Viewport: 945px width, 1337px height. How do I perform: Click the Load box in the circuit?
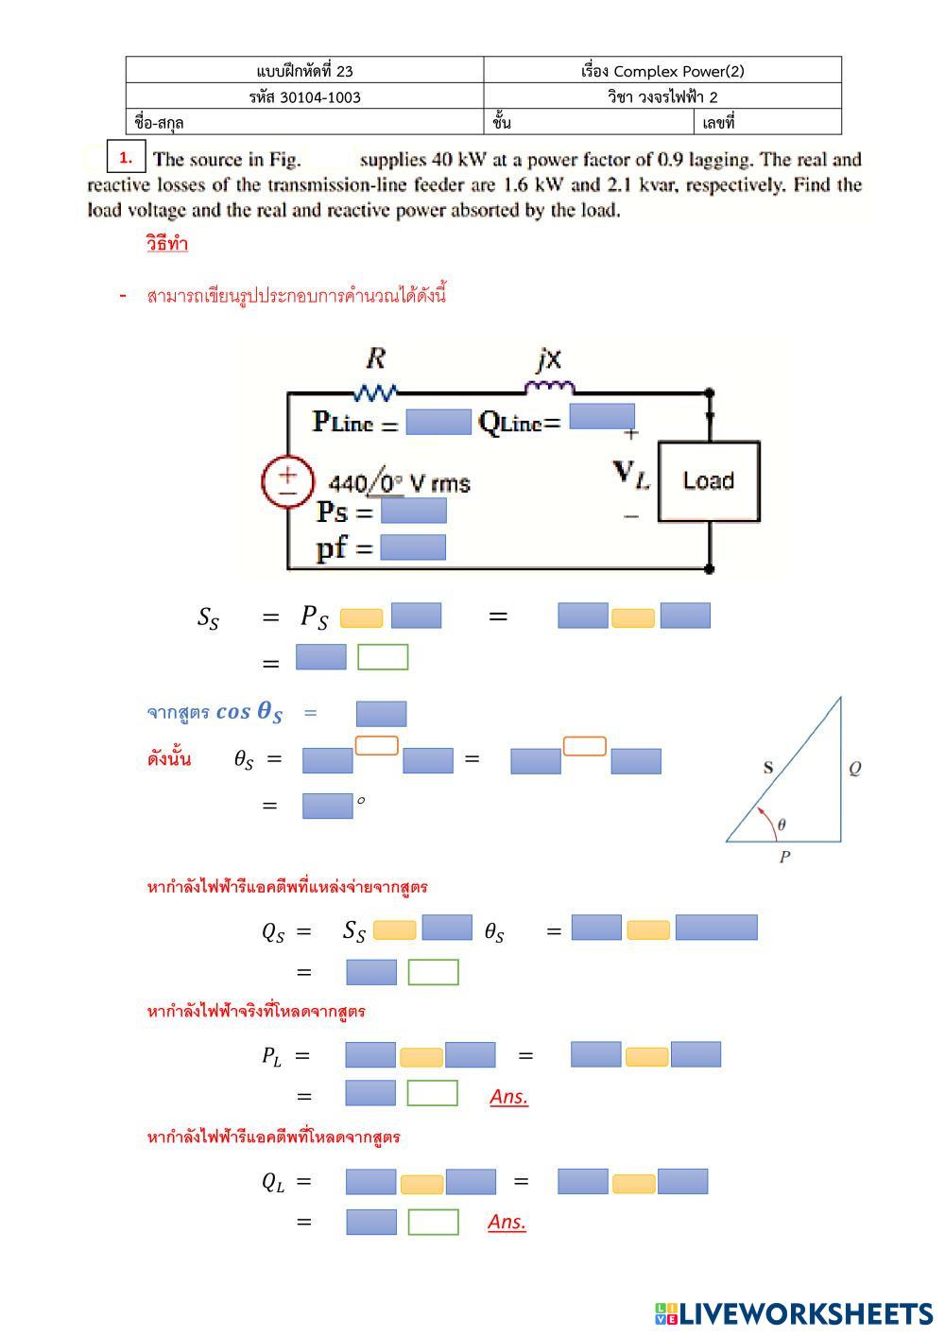coord(709,481)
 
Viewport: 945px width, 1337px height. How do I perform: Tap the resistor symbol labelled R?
coord(375,391)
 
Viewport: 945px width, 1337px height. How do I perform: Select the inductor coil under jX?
coord(549,387)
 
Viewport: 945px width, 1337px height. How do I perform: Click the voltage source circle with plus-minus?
coord(286,481)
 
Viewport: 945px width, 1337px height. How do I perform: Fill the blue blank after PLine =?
coord(438,423)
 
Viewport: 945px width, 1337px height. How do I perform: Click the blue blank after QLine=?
coord(602,417)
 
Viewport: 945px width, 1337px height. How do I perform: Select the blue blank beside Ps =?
coord(413,512)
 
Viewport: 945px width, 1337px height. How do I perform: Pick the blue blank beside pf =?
coord(413,547)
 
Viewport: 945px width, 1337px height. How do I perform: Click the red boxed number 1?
coord(126,158)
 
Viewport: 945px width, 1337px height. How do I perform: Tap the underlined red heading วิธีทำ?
coord(167,244)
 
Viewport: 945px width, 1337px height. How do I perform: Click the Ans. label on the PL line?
coord(508,1097)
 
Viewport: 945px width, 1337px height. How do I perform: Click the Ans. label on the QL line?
coord(507,1222)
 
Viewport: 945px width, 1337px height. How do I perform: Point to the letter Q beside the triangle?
coord(854,768)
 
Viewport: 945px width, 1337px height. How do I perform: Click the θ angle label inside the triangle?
coord(782,825)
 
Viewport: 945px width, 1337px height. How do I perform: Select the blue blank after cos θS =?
coord(381,714)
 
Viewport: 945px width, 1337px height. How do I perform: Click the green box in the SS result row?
coord(383,657)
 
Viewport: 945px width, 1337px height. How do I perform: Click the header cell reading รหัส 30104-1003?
coord(304,96)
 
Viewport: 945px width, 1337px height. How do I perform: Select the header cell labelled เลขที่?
coord(769,122)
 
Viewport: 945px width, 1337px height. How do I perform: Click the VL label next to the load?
coord(631,474)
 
